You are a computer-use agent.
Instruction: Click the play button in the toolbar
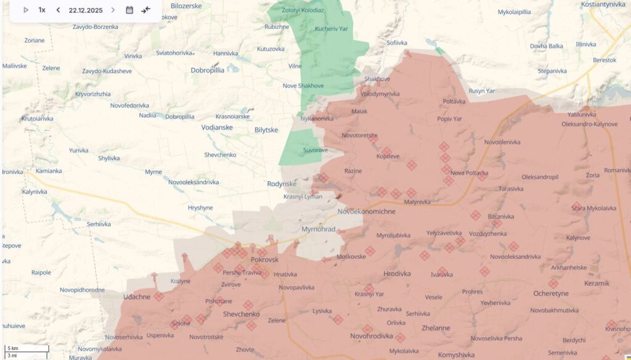tap(26, 10)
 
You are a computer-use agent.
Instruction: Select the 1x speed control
tap(42, 10)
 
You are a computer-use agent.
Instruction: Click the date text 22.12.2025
tap(86, 10)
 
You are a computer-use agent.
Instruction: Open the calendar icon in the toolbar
tap(129, 10)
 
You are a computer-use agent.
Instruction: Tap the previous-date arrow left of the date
tap(58, 10)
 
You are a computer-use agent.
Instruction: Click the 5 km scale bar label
tap(12, 348)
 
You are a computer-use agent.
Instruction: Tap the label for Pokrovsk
tap(265, 261)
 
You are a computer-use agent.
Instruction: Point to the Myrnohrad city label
tap(319, 229)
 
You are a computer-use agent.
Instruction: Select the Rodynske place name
tap(282, 184)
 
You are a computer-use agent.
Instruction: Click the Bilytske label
tap(266, 130)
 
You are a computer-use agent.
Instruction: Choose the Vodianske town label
tap(217, 128)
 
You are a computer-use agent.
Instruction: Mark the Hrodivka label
tap(397, 274)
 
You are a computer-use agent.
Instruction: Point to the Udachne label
tap(137, 297)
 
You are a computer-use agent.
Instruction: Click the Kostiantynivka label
tap(605, 4)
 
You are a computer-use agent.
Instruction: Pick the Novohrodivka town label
tap(372, 337)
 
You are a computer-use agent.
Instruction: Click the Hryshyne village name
tap(200, 208)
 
